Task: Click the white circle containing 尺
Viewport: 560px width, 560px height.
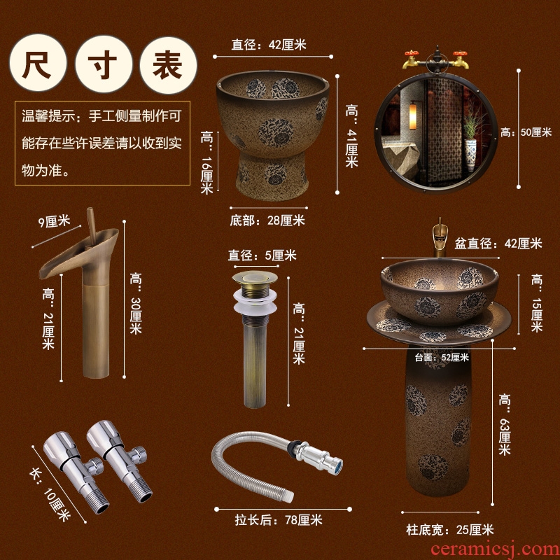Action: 38,63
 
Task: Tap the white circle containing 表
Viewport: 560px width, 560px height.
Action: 168,65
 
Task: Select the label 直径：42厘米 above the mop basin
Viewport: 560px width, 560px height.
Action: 269,45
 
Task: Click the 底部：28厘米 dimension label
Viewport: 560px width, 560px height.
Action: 267,220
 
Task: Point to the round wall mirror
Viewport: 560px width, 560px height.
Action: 436,132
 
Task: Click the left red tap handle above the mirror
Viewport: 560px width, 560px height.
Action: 411,53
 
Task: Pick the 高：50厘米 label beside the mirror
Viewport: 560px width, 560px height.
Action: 526,132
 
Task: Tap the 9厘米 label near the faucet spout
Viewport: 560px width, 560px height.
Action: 55,221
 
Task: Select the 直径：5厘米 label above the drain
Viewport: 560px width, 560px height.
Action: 262,255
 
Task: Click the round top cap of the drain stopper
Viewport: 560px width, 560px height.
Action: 255,276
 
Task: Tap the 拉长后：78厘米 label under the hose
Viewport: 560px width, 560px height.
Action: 279,520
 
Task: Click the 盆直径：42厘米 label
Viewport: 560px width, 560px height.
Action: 498,244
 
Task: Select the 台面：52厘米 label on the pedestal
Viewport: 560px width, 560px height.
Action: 442,357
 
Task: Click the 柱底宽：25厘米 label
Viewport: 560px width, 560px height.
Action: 450,530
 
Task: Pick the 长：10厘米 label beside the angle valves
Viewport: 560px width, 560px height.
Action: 50,494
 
